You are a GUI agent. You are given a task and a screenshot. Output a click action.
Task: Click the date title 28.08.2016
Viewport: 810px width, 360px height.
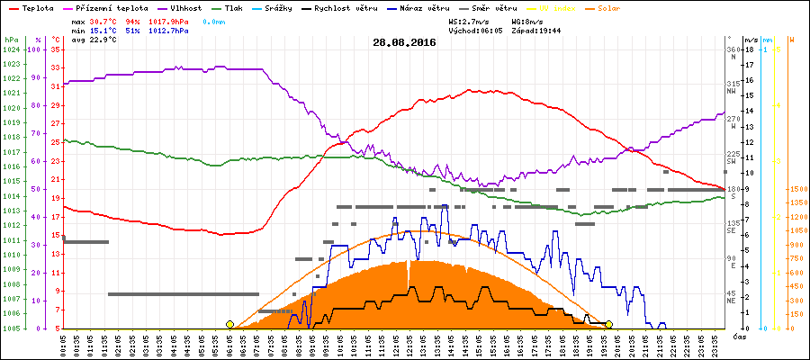404,41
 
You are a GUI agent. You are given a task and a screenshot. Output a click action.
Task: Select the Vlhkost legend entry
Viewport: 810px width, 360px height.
185,7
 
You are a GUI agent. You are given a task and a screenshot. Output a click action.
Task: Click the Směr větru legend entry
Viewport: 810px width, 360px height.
494,7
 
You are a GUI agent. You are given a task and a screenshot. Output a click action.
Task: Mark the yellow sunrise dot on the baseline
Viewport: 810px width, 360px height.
229,324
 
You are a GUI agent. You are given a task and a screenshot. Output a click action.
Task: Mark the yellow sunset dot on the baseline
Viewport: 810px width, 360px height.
609,324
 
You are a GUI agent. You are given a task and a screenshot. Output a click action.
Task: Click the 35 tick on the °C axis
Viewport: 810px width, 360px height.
56,49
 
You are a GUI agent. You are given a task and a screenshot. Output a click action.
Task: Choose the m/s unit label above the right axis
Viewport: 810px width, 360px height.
751,40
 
